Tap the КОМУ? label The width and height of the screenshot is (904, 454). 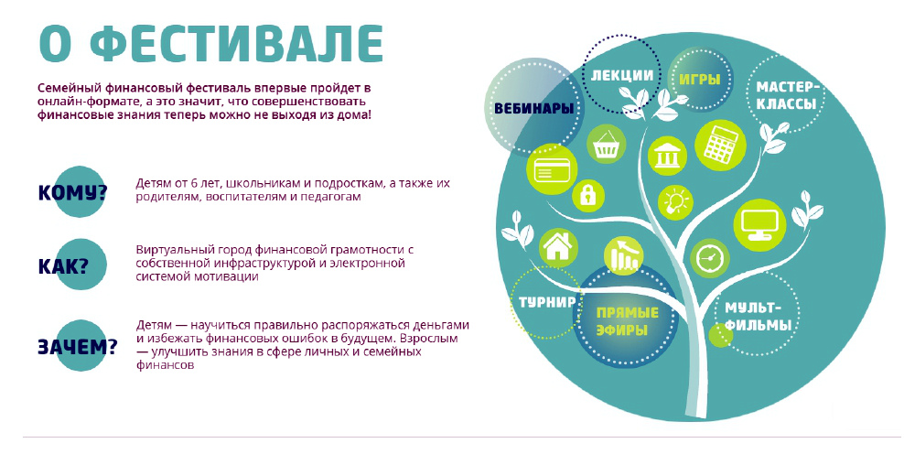pos(72,192)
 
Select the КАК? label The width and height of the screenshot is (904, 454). pos(63,265)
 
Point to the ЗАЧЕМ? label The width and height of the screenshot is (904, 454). pos(77,346)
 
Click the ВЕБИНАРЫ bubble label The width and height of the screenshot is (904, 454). pos(533,108)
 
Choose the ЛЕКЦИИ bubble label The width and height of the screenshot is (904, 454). pos(622,76)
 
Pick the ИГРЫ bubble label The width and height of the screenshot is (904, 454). pos(699,79)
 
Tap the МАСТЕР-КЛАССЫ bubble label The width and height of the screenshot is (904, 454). pos(787,96)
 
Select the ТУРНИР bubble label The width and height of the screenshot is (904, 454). pos(547,302)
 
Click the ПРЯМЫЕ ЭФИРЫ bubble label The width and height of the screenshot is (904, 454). pos(628,321)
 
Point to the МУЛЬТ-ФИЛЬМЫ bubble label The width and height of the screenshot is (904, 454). pos(758,316)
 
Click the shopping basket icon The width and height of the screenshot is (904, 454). pos(607,145)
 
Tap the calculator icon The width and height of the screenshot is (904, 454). pos(721,145)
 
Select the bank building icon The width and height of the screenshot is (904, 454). pos(668,156)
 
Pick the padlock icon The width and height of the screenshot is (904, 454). pos(588,195)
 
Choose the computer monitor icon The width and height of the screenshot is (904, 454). pos(759,225)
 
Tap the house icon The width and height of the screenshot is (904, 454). pos(558,246)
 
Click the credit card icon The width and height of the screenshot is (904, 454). pos(553,169)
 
